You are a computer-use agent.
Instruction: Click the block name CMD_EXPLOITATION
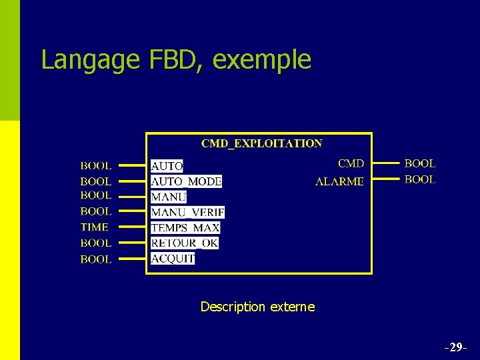(261, 143)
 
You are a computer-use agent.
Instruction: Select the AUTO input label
(167, 166)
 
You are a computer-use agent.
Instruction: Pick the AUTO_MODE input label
(186, 181)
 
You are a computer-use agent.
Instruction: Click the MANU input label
(169, 197)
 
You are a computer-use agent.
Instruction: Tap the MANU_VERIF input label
(187, 212)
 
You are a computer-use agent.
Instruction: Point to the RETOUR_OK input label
(185, 243)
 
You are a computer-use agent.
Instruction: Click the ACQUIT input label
(173, 258)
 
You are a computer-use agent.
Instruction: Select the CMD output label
(351, 163)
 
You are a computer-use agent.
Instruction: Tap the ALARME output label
(339, 181)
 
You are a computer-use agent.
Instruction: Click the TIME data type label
(95, 227)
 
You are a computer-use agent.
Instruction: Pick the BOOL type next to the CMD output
(420, 163)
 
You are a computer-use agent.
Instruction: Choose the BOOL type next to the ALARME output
(420, 179)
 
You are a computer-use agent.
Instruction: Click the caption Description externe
(257, 307)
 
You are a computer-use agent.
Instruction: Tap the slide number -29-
(455, 347)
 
